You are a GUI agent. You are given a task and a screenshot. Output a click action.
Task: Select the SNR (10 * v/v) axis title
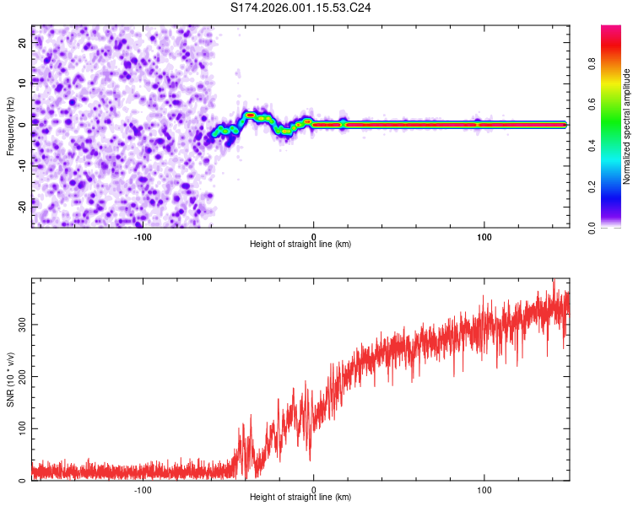pos(10,379)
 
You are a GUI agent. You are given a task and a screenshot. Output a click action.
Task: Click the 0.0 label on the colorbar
pos(592,227)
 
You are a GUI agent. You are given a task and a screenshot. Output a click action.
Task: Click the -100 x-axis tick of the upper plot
pos(142,237)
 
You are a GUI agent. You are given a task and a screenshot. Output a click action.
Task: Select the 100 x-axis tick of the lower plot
pos(484,490)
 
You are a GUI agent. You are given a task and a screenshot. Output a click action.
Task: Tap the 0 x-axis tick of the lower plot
pos(313,490)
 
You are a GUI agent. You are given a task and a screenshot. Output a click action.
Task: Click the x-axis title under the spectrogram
pos(300,245)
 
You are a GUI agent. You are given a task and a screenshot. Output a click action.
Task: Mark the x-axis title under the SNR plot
pos(300,498)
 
